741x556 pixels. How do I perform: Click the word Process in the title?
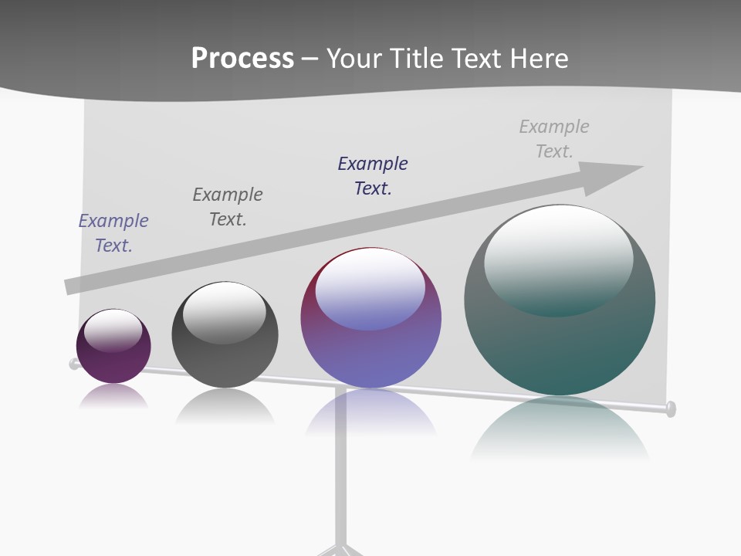[x=242, y=59]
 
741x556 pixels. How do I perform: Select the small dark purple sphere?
[x=113, y=357]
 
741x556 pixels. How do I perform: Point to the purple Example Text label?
[x=113, y=233]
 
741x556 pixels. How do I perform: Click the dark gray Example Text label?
[x=228, y=207]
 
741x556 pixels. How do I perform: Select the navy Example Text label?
[x=373, y=176]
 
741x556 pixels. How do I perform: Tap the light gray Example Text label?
[x=554, y=139]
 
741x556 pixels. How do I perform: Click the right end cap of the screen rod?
[x=670, y=409]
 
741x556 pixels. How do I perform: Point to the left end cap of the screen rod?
[x=74, y=364]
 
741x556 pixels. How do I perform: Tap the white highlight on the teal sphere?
[x=558, y=251]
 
